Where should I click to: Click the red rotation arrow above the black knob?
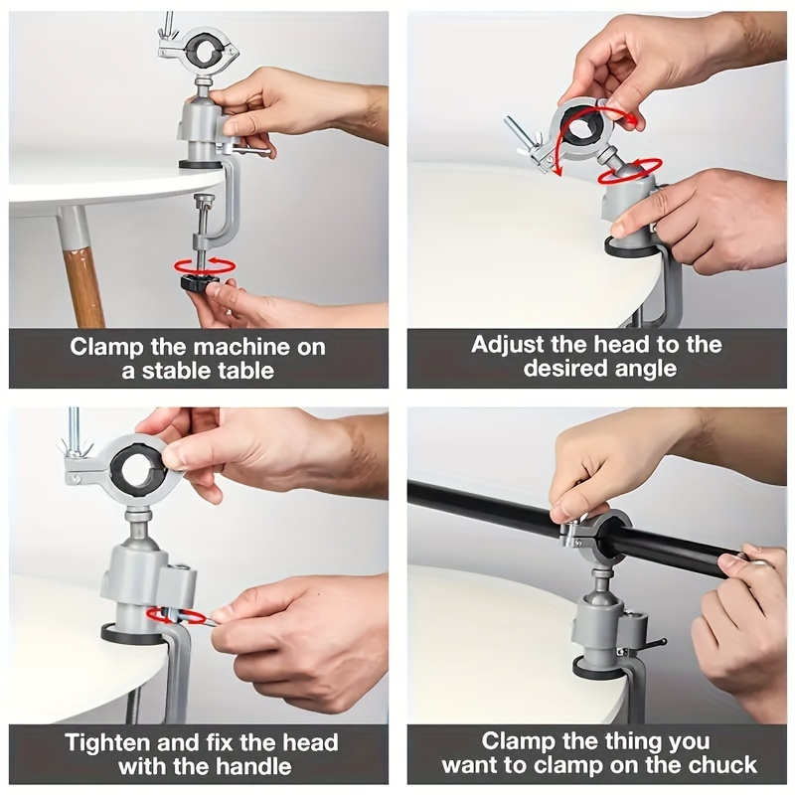204,265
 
